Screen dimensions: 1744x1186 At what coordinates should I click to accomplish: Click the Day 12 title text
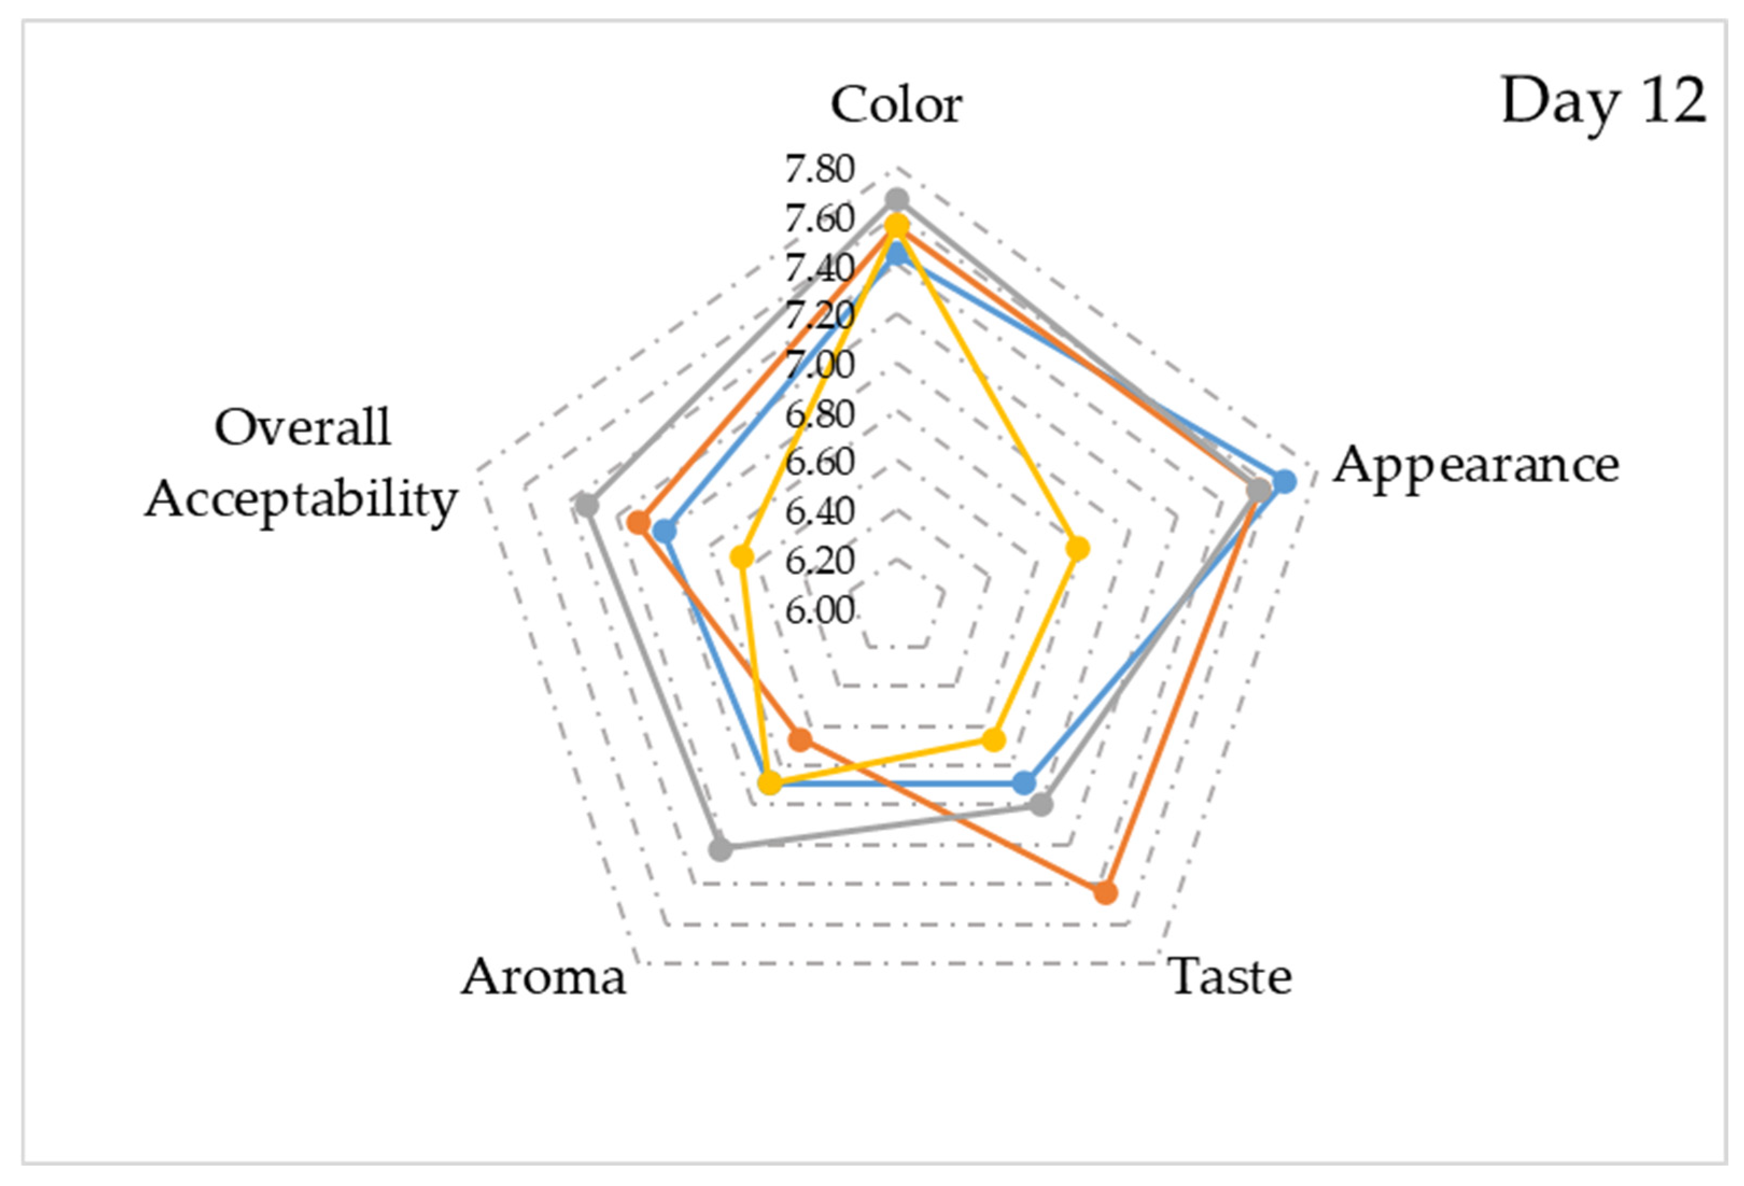[1603, 103]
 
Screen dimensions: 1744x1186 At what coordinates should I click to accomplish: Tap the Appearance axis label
[1476, 466]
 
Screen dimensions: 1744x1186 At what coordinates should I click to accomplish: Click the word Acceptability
[301, 499]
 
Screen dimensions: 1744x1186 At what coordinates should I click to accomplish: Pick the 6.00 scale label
[820, 611]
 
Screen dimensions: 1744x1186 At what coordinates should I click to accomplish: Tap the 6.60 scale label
[820, 463]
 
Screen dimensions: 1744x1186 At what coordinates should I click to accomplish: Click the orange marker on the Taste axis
[1105, 893]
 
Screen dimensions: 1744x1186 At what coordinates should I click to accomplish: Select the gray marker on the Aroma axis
[721, 850]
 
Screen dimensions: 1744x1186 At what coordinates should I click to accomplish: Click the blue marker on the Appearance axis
[1285, 481]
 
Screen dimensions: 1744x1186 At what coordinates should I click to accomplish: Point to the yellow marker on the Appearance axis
[1078, 549]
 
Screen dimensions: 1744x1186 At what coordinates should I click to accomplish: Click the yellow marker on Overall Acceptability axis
[742, 557]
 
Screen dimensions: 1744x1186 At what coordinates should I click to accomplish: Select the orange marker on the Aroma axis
[800, 740]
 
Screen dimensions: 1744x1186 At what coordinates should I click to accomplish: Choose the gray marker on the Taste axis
[1041, 806]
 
